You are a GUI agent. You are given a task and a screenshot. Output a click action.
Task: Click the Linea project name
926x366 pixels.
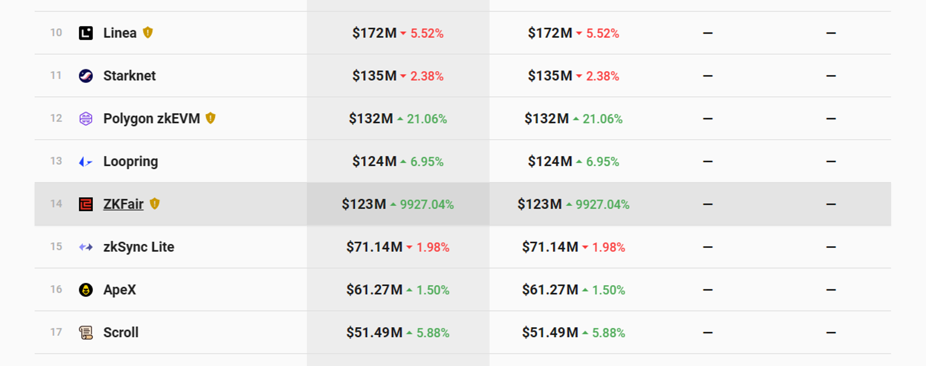120,33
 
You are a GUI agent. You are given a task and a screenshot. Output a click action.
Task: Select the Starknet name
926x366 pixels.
129,76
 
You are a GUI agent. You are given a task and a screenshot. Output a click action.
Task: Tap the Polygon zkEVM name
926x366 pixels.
151,118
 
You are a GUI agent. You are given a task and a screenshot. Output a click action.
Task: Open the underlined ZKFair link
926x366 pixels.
123,204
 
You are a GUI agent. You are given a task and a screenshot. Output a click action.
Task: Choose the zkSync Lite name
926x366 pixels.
138,247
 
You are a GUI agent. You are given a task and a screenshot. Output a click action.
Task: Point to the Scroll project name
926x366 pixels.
121,333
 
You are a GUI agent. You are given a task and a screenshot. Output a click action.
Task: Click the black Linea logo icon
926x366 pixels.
86,33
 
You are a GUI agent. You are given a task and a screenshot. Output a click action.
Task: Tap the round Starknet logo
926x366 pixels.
86,76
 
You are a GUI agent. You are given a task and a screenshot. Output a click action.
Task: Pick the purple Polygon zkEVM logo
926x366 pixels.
86,118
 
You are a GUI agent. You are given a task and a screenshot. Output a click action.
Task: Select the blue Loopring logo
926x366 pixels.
86,161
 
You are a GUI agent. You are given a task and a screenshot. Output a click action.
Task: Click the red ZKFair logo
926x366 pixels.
86,204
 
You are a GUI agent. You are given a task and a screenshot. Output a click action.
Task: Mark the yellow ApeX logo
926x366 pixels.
86,290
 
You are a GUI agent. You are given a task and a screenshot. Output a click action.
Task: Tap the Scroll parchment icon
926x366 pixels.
86,333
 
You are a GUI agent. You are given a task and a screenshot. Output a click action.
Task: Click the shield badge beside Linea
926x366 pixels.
148,32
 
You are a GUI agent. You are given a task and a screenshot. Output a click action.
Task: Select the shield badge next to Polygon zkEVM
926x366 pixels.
211,118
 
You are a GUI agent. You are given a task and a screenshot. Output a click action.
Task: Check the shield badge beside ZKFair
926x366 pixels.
155,204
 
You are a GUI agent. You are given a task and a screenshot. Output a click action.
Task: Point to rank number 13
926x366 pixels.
56,161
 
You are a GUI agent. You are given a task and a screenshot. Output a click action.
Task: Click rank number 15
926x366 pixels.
56,247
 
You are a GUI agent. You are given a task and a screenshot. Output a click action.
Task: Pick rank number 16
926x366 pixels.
56,289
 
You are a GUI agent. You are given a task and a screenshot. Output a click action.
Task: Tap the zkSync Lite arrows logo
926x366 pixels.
86,247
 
